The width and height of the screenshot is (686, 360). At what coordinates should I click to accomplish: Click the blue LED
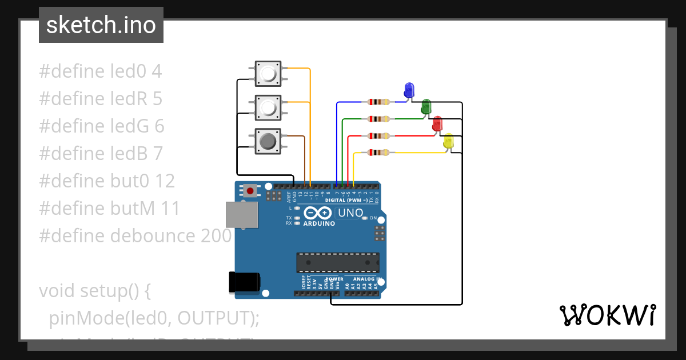[x=409, y=90]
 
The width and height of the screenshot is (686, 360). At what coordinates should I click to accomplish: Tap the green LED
[x=426, y=106]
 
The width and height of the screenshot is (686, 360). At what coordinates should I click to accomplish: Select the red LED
[x=437, y=123]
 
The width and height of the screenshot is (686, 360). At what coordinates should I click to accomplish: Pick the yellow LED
[x=449, y=141]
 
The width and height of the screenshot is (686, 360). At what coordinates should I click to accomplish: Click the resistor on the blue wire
[x=379, y=102]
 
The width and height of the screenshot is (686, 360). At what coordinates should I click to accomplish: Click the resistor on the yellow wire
[x=379, y=153]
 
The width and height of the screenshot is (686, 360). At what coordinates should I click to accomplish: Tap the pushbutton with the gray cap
[x=268, y=141]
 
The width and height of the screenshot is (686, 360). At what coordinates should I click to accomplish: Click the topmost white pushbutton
[x=268, y=74]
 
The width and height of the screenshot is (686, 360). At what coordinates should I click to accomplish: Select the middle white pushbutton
[x=268, y=107]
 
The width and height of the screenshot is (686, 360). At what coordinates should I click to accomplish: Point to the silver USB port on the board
[x=241, y=214]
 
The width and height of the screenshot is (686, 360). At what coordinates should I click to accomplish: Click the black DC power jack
[x=245, y=281]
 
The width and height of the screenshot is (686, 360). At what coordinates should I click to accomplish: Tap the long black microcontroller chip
[x=337, y=262]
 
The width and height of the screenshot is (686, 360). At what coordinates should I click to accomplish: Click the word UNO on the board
[x=350, y=213]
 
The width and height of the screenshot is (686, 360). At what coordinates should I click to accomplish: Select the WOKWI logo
[x=607, y=315]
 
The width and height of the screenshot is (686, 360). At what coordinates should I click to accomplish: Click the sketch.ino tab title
[x=101, y=25]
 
